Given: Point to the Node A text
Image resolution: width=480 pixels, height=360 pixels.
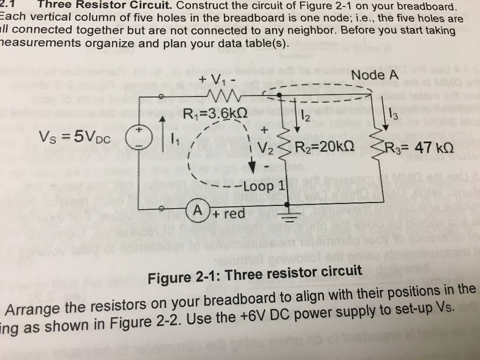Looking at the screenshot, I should click(375, 75).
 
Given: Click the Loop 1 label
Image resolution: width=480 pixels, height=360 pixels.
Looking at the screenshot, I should click(263, 186).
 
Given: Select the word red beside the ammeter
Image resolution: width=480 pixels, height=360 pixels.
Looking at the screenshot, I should click(235, 214).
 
